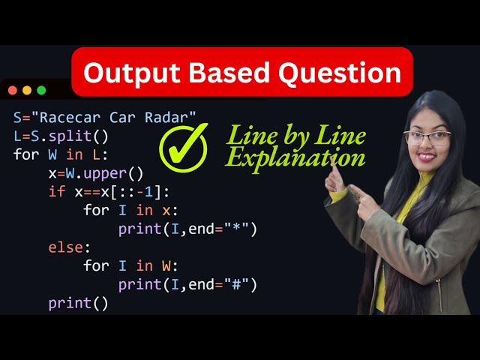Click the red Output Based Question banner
241,72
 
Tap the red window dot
13,90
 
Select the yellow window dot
27,90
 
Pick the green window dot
41,90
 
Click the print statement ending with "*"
187,229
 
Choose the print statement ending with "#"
187,285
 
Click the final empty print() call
79,304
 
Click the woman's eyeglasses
428,138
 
